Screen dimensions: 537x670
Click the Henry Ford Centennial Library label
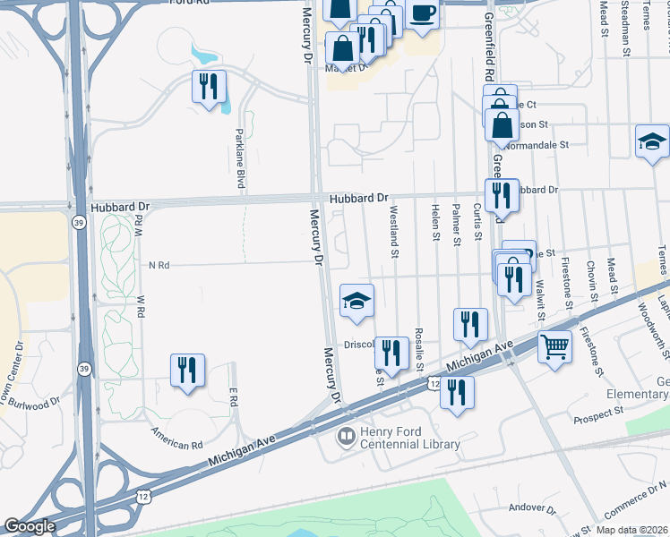point(409,438)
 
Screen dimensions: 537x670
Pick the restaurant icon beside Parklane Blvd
point(209,87)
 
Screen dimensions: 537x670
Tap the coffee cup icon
point(423,14)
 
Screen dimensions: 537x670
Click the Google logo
point(30,526)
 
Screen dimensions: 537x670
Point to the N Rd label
point(159,265)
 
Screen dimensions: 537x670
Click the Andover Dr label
point(533,507)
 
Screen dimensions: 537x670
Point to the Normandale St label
point(537,144)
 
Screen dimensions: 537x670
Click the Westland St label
point(394,231)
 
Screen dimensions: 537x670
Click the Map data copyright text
point(634,530)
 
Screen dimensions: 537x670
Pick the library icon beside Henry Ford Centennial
point(345,438)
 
